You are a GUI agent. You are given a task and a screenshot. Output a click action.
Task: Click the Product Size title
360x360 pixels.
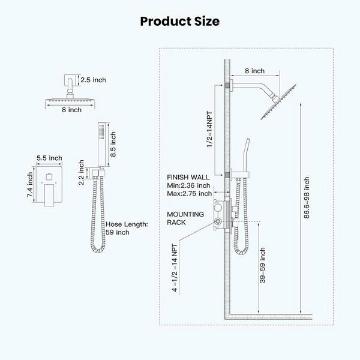pyautogui.click(x=180, y=22)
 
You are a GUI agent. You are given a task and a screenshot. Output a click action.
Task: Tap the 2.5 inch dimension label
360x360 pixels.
pyautogui.click(x=93, y=80)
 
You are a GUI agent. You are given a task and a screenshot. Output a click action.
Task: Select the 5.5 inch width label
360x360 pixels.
pyautogui.click(x=49, y=158)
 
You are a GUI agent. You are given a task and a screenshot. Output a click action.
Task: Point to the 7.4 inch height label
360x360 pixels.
pyautogui.click(x=30, y=185)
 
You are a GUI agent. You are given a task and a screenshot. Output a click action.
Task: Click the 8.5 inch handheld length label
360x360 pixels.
pyautogui.click(x=113, y=145)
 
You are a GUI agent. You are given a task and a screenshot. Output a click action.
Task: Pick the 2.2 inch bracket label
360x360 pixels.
pyautogui.click(x=81, y=172)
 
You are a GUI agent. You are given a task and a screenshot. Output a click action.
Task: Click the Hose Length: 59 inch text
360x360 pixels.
pyautogui.click(x=127, y=228)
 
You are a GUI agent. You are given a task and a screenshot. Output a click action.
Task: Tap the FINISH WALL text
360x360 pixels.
pyautogui.click(x=188, y=177)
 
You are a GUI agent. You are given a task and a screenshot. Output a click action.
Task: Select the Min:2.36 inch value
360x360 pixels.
pyautogui.click(x=188, y=185)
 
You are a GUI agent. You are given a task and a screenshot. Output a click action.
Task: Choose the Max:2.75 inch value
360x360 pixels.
pyautogui.click(x=189, y=194)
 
